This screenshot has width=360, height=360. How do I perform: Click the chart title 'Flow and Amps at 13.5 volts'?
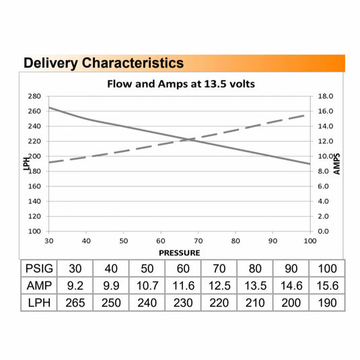click(181, 84)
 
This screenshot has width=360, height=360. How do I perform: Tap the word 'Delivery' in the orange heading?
click(50, 63)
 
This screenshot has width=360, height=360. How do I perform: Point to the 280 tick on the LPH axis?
click(34, 96)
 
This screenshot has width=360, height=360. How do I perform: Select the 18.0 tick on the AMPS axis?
click(325, 96)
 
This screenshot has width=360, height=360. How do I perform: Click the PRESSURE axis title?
click(179, 253)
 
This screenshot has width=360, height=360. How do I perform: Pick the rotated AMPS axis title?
click(336, 164)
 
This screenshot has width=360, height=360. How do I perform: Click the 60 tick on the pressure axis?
click(161, 241)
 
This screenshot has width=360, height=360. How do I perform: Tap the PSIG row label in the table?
click(39, 268)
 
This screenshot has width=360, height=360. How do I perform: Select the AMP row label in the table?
click(39, 285)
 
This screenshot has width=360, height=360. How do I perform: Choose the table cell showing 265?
click(75, 303)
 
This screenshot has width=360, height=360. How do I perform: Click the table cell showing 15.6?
click(328, 285)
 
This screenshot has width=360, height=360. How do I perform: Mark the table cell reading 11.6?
click(183, 285)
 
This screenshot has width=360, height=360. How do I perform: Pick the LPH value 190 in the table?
click(328, 303)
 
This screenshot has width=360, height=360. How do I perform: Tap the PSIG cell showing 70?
click(219, 268)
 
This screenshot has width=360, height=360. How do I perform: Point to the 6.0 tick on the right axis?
click(323, 186)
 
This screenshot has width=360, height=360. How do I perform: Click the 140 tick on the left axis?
click(34, 201)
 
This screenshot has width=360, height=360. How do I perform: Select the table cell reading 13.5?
click(255, 285)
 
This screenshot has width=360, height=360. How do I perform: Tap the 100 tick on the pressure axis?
click(310, 241)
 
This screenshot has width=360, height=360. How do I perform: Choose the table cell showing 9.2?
click(75, 285)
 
